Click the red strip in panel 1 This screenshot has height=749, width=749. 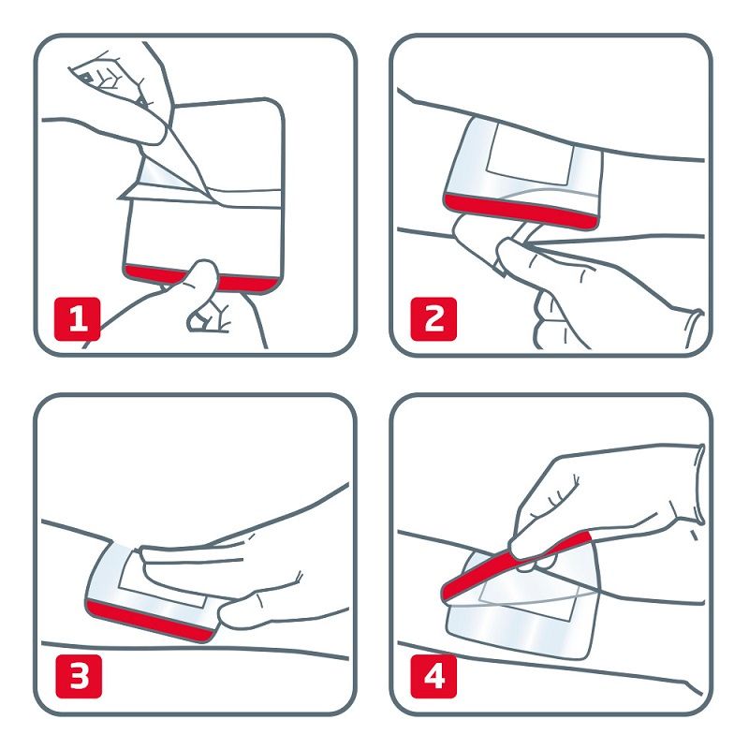point(150,272)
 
